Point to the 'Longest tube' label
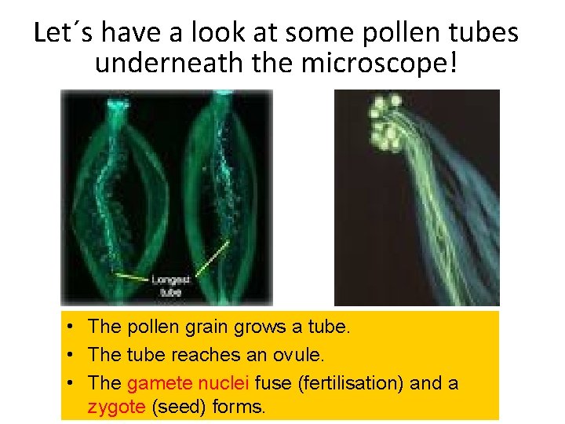point(170,285)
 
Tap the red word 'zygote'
point(115,407)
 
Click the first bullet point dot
point(71,326)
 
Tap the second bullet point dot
point(71,355)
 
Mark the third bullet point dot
point(71,385)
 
